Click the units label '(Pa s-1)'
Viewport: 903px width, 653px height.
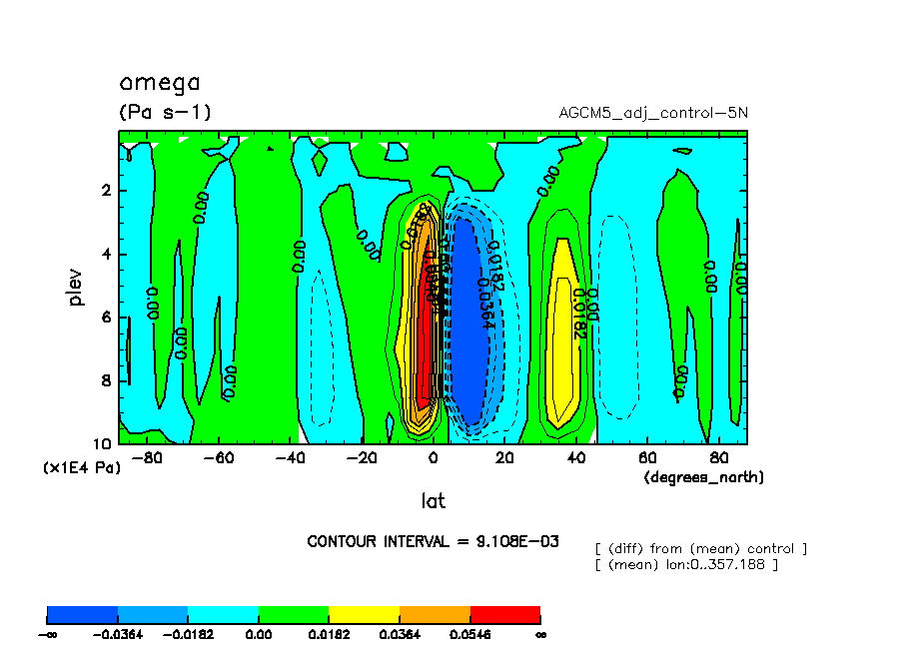[x=165, y=112]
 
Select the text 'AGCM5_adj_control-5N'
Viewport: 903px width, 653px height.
[x=652, y=113]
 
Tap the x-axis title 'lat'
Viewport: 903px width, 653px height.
[x=433, y=500]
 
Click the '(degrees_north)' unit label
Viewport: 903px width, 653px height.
[x=703, y=477]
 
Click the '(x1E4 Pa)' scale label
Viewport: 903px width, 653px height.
[x=81, y=467]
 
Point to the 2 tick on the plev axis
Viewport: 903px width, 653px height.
[x=106, y=191]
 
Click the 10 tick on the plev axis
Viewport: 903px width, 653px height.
[x=103, y=443]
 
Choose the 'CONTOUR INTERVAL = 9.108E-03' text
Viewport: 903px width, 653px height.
[x=433, y=541]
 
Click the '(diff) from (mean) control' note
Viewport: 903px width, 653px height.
[x=700, y=548]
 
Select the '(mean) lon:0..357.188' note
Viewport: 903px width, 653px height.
[x=685, y=565]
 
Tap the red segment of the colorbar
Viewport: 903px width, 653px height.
[x=504, y=614]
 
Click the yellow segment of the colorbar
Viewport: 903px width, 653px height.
[x=364, y=614]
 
